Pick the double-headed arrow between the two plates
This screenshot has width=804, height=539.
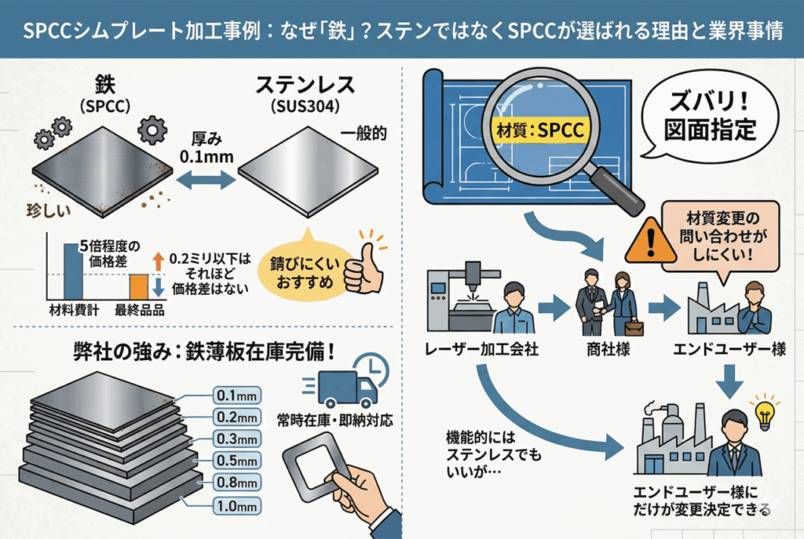click(206, 180)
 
